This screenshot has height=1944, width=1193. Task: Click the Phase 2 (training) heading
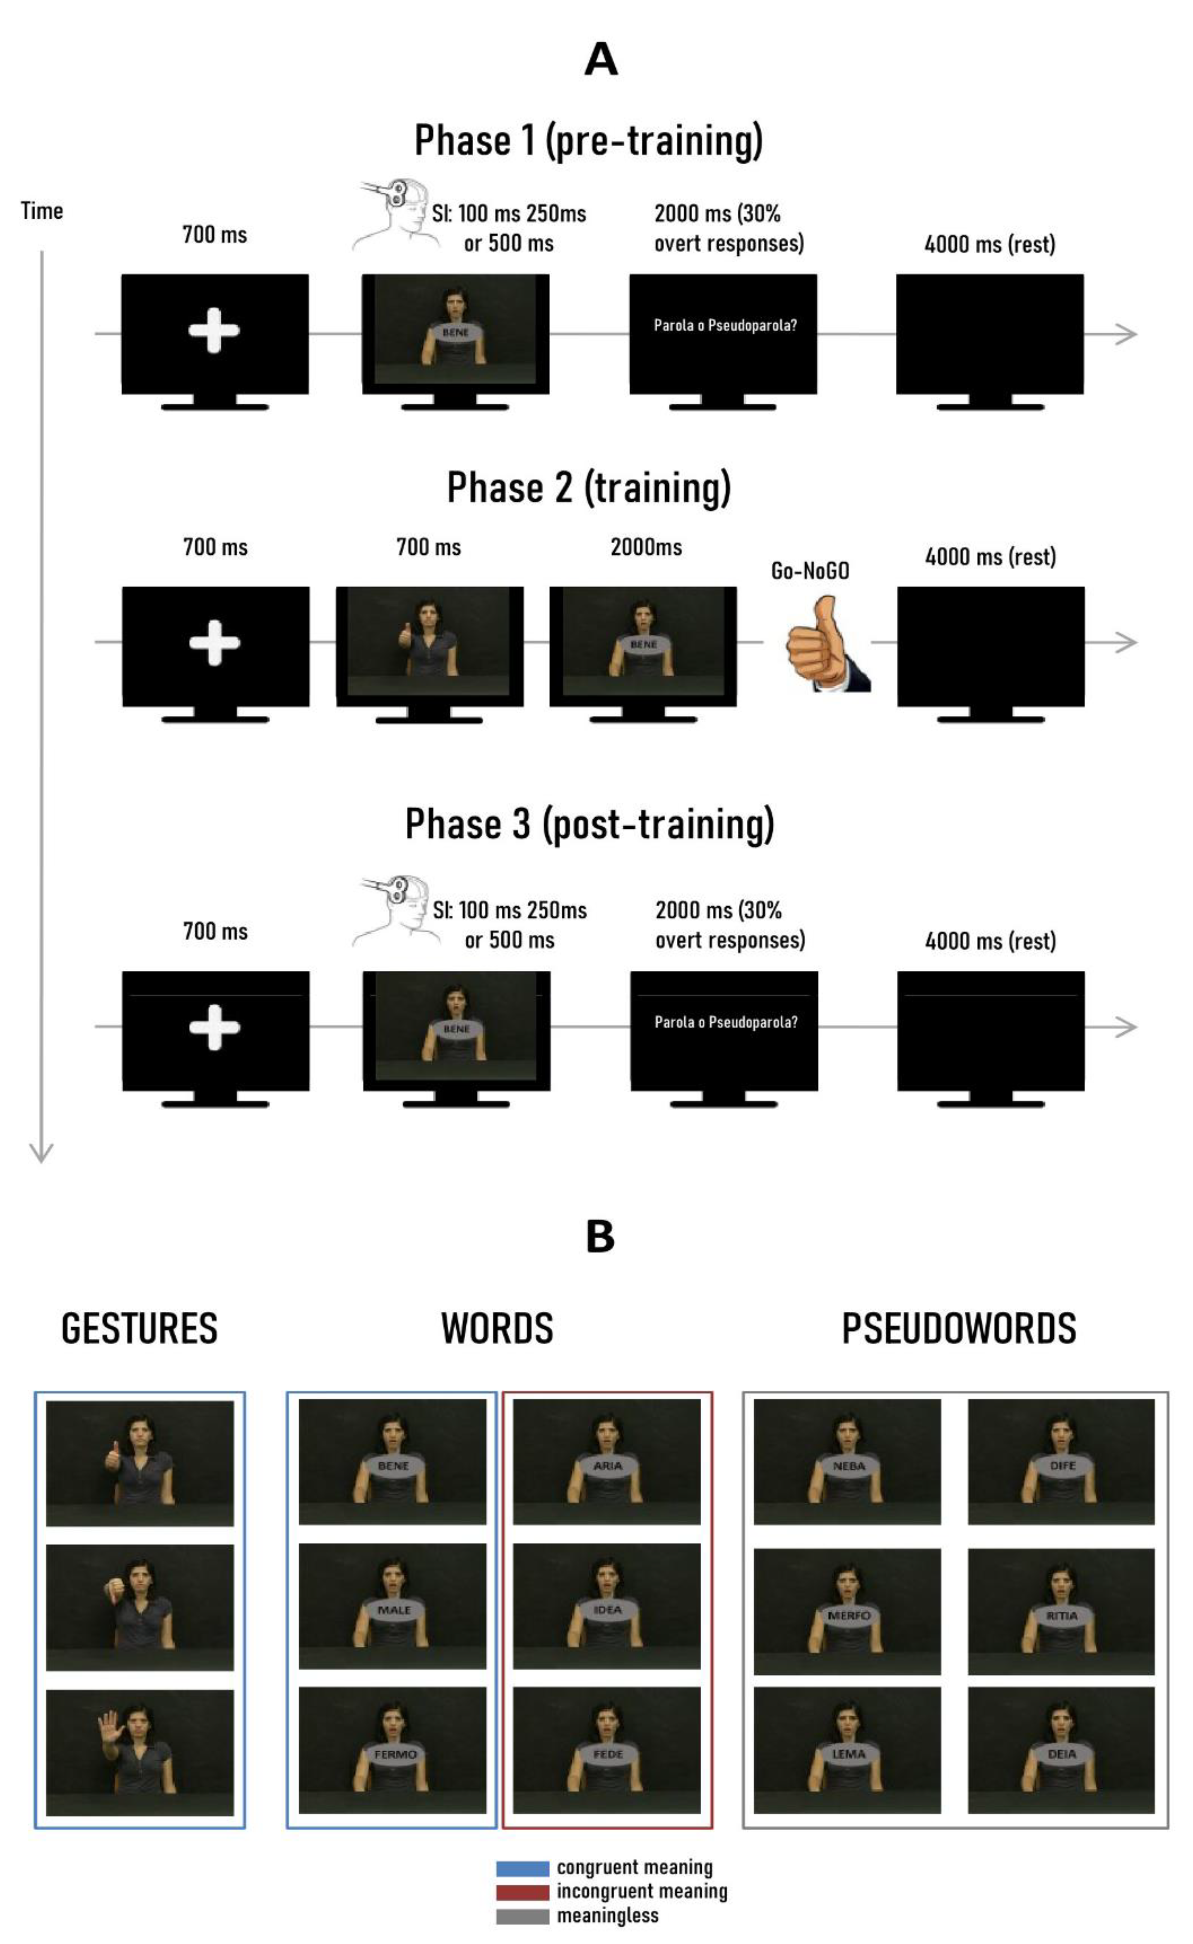589,488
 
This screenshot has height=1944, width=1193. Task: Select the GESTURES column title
140,1328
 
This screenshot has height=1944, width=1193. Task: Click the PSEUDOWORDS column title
959,1328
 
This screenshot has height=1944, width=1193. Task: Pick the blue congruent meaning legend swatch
522,1868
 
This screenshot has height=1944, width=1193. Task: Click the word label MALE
394,1610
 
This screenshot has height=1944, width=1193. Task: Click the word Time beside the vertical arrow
42,211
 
